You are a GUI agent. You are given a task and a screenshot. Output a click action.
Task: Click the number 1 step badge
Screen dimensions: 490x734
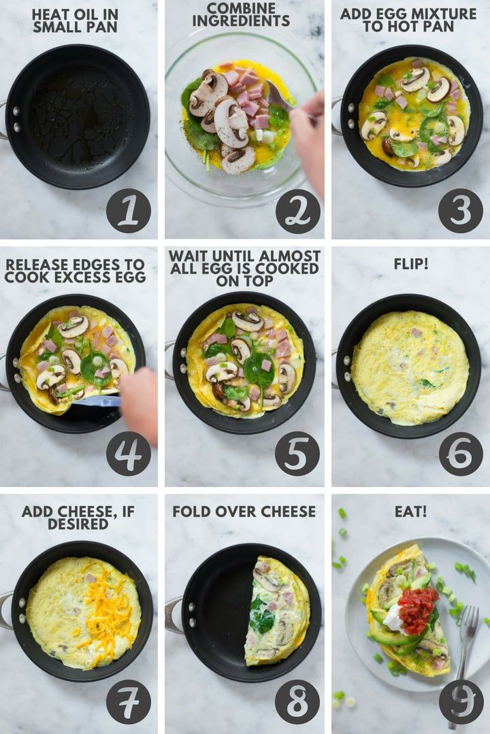(129, 211)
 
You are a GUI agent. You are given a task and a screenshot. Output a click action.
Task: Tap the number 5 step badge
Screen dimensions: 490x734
(297, 454)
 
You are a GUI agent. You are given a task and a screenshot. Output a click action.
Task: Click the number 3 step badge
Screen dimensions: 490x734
(461, 211)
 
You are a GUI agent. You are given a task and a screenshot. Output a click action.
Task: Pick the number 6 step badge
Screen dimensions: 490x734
(461, 454)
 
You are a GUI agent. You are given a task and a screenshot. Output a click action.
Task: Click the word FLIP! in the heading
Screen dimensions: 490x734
(411, 264)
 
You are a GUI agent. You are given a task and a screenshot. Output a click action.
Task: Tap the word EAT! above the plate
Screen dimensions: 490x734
(411, 511)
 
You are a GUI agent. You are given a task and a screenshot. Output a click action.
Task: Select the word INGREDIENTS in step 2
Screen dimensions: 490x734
(241, 20)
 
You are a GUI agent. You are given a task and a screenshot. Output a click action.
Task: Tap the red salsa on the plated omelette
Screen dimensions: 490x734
(419, 609)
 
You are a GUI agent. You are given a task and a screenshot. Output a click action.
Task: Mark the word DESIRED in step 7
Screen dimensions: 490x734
(78, 524)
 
